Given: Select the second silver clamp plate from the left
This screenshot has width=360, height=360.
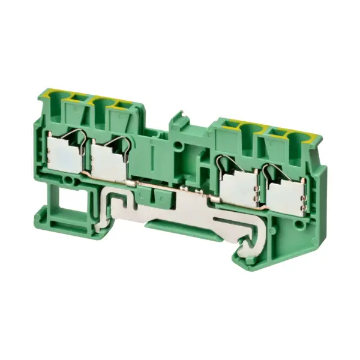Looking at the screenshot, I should tap(108, 163).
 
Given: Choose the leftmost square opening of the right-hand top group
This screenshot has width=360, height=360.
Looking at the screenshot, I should tap(229, 126).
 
